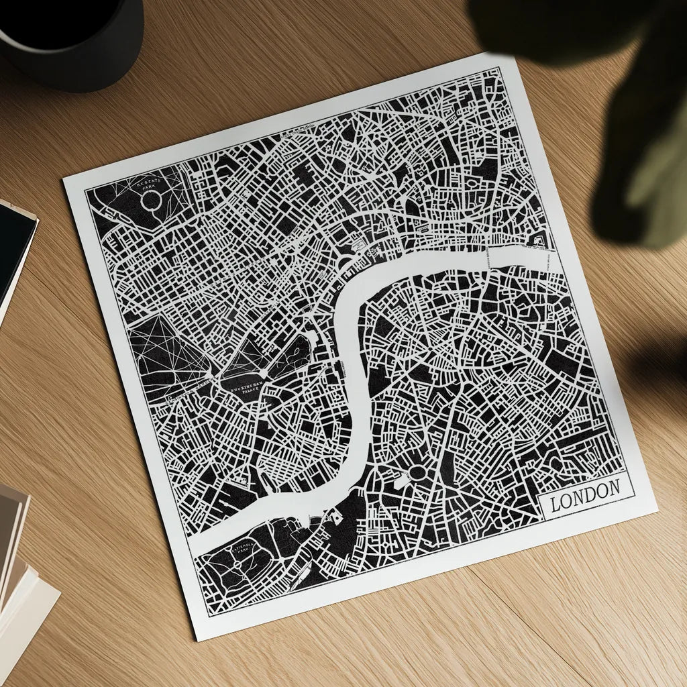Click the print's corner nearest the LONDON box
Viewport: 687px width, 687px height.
click(x=655, y=511)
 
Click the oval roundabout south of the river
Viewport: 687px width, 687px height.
click(x=417, y=472)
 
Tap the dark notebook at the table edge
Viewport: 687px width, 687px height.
click(x=13, y=248)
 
